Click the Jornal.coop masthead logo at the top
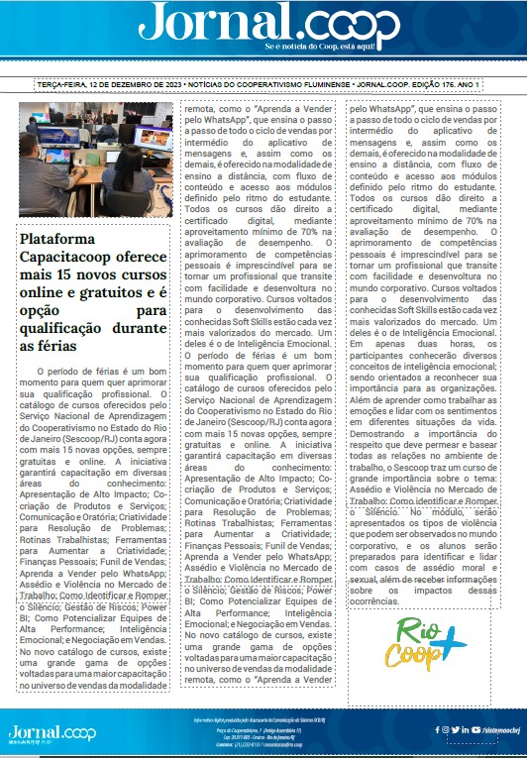263,23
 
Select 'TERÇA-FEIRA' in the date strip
61,86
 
